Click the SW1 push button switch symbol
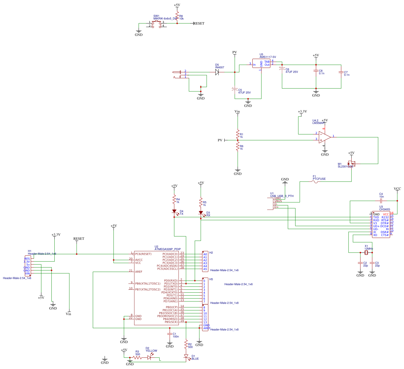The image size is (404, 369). click(157, 23)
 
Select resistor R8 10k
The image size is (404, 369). click(177, 16)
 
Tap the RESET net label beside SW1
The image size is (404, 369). click(199, 23)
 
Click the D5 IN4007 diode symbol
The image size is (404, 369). click(217, 72)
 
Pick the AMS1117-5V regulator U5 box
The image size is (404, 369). click(261, 64)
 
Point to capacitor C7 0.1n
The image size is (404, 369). click(341, 72)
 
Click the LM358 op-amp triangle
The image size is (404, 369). click(325, 137)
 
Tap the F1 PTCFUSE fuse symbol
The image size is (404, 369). click(316, 182)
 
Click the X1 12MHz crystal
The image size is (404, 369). click(366, 253)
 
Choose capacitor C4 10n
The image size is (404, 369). click(381, 201)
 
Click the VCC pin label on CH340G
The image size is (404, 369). click(386, 214)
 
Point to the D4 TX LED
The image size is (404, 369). click(174, 212)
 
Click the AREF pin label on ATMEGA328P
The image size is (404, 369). click(139, 272)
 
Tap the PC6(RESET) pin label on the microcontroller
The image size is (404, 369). click(143, 254)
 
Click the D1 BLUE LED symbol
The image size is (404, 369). click(186, 357)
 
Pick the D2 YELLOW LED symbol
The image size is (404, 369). click(149, 357)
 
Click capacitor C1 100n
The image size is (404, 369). click(170, 334)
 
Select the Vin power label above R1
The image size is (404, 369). click(237, 111)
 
